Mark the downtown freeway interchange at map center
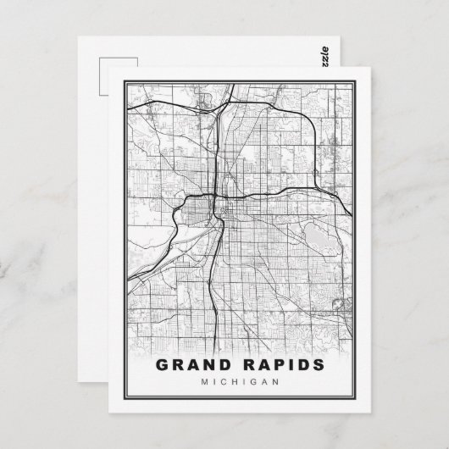pyautogui.click(x=219, y=201)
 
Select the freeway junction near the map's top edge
pyautogui.click(x=219, y=110)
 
